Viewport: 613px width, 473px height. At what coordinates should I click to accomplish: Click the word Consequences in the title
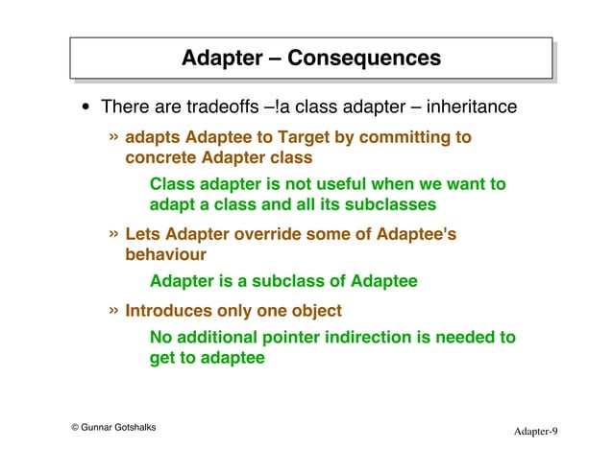364,59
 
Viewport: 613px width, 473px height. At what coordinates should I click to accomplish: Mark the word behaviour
165,255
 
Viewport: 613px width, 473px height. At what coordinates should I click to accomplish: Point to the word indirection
374,338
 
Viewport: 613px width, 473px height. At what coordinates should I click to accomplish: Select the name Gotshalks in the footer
131,427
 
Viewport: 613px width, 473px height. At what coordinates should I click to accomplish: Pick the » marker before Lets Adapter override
114,234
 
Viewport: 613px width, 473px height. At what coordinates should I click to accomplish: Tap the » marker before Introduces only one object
114,310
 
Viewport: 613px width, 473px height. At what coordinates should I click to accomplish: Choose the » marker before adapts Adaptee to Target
114,136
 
